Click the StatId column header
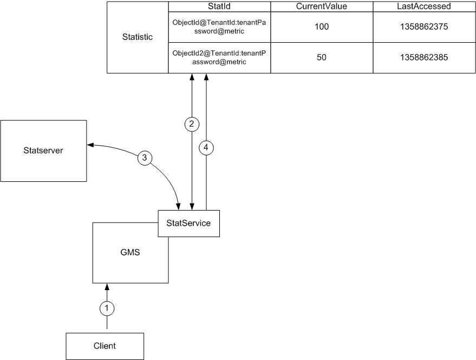click(x=219, y=6)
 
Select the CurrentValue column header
click(x=321, y=6)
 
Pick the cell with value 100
click(x=321, y=27)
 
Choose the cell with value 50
click(x=321, y=58)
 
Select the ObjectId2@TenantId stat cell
click(x=219, y=58)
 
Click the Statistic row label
click(x=138, y=37)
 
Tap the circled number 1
click(x=107, y=308)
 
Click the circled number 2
click(x=192, y=124)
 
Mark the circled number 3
click(x=144, y=158)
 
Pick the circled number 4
click(x=206, y=146)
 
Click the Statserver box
click(x=44, y=150)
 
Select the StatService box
click(x=188, y=222)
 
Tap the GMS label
click(x=129, y=252)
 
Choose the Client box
click(x=105, y=345)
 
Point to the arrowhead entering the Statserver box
click(x=90, y=145)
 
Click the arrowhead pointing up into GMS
click(x=107, y=286)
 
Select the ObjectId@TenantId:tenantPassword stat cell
click(x=219, y=27)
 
